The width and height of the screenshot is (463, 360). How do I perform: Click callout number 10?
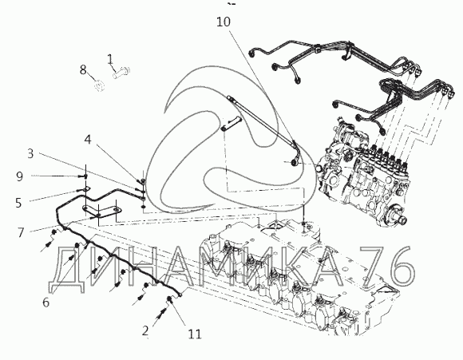[x=224, y=22]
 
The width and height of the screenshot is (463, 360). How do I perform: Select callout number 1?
[x=110, y=59]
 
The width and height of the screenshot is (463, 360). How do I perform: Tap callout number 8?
[x=83, y=70]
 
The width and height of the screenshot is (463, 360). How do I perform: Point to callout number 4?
[x=88, y=139]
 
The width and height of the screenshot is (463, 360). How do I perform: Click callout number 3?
[x=30, y=153]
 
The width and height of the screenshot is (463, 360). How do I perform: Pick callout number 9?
[x=19, y=176]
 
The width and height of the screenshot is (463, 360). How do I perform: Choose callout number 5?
[x=18, y=203]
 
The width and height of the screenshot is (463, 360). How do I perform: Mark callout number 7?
[x=21, y=232]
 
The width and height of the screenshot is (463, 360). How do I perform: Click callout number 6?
[x=46, y=302]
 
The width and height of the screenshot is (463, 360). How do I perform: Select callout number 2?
[x=145, y=330]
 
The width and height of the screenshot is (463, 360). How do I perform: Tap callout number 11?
[x=195, y=334]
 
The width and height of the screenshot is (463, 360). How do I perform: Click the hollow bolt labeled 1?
[x=121, y=72]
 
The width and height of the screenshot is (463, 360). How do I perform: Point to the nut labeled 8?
[x=100, y=85]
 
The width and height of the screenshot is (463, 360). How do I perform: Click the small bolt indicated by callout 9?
[x=85, y=176]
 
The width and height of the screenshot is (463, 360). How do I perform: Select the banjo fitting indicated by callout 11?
[x=170, y=300]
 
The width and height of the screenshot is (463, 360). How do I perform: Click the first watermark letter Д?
[x=67, y=269]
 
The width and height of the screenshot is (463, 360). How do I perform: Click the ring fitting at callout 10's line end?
[x=295, y=162]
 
